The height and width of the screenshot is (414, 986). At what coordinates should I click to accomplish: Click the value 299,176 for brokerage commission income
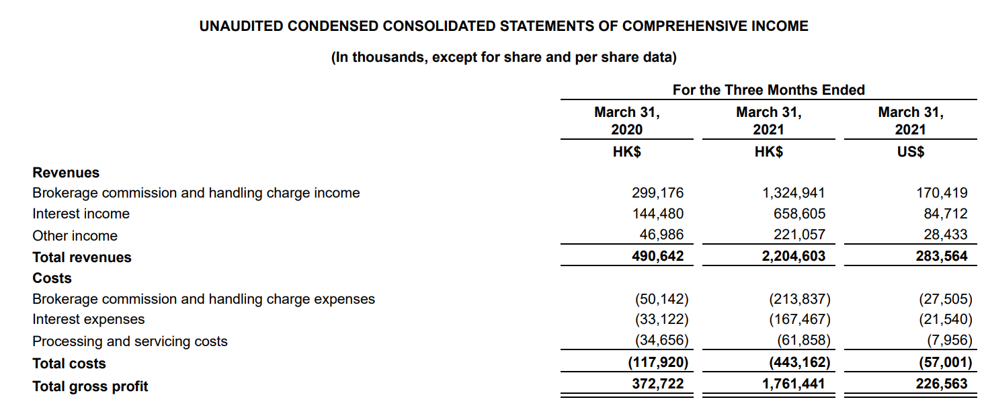657,193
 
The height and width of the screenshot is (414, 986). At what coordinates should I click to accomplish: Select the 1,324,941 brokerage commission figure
793,193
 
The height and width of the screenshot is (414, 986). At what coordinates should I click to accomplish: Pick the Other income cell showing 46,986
661,235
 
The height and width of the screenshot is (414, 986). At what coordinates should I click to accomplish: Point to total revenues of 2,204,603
793,257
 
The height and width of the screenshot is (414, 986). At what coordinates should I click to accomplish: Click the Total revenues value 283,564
942,257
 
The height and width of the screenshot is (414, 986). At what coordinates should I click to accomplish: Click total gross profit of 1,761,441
793,384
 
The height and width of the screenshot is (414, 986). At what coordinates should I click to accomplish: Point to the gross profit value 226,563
942,384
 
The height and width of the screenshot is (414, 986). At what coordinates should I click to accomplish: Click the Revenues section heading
66,172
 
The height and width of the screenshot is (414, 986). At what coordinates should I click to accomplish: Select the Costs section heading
52,278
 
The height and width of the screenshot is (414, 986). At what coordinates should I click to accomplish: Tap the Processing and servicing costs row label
130,341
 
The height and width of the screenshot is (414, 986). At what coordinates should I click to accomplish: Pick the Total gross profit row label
90,386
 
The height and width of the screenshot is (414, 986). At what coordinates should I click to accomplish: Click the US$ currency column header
911,151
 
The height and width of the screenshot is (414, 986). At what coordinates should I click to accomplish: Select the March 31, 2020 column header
626,121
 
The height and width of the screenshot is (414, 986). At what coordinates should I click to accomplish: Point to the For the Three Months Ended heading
768,90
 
